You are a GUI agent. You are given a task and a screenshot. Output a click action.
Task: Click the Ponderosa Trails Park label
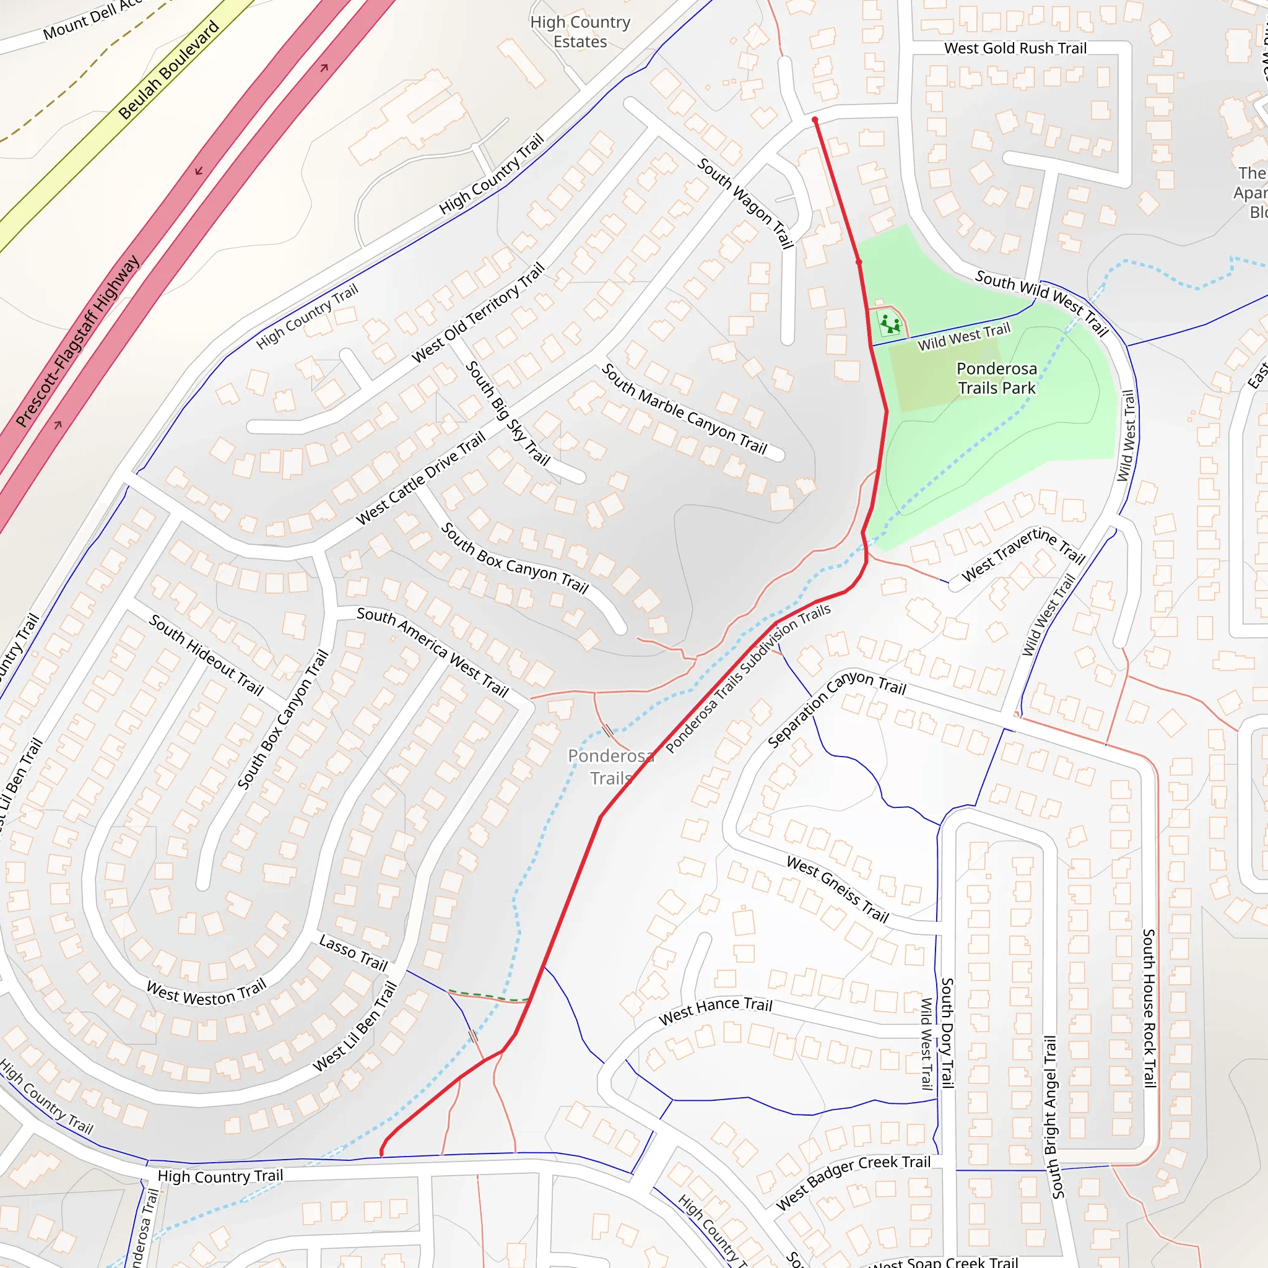996,378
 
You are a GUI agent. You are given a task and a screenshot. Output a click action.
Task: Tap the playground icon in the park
889,324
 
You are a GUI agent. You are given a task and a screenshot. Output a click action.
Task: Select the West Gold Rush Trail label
1015,48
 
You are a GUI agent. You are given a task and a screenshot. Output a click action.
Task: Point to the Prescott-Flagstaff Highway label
77,341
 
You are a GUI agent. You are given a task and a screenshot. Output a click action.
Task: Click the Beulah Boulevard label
168,69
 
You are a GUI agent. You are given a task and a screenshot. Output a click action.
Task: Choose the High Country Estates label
580,32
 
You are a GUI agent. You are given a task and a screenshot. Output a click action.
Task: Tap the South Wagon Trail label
745,203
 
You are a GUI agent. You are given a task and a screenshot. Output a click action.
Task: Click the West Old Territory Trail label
478,313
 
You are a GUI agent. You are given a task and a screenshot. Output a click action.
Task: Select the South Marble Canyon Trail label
684,409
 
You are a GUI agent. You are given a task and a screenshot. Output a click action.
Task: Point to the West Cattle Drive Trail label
420,479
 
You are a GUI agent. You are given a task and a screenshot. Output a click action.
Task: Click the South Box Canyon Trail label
515,558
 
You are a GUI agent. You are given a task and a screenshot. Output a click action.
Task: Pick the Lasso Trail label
353,953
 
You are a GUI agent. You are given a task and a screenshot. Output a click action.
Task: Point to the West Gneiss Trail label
838,889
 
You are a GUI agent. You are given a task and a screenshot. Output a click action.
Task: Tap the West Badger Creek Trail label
853,1182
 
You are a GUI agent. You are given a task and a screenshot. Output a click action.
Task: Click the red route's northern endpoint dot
815,120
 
